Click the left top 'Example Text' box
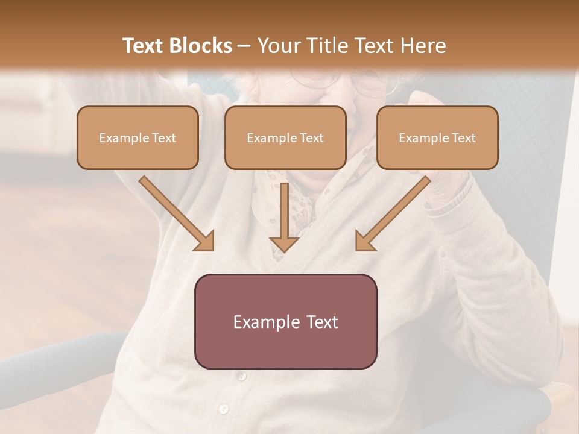pos(138,138)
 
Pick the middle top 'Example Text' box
pos(285,138)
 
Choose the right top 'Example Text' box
pos(437,138)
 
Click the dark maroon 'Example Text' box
pos(285,321)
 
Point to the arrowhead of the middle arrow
pos(285,244)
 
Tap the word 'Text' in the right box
pos(463,138)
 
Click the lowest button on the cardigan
pos(224,409)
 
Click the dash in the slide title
pos(244,46)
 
